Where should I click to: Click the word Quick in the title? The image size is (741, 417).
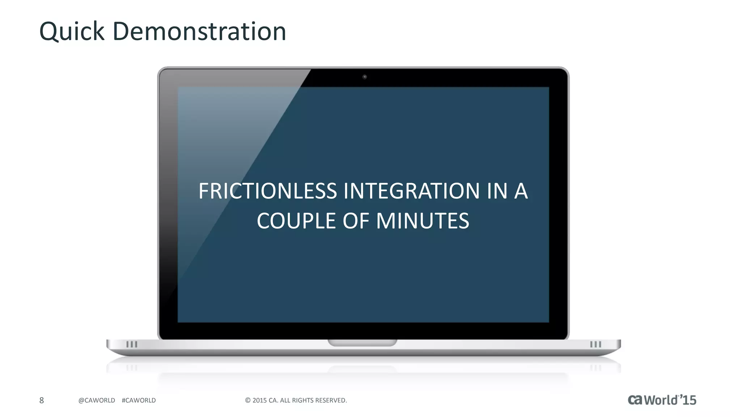(x=72, y=31)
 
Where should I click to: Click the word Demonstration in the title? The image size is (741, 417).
(x=199, y=31)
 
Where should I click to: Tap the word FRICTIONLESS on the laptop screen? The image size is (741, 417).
(x=268, y=191)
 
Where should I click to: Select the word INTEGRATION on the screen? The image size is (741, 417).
(x=411, y=191)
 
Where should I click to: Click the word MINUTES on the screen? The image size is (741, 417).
(x=423, y=221)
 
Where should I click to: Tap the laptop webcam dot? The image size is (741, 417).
(x=365, y=77)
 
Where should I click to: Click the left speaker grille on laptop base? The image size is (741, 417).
(x=132, y=344)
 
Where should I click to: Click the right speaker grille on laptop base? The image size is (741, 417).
(x=596, y=344)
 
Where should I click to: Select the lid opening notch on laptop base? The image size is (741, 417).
(x=363, y=342)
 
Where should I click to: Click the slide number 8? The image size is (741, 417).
(x=42, y=400)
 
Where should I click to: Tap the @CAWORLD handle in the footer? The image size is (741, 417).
(x=97, y=400)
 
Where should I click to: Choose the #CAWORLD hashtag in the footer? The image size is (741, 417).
(x=139, y=400)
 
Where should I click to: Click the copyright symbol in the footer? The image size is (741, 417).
(x=248, y=400)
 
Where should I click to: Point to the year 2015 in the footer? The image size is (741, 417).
(x=259, y=400)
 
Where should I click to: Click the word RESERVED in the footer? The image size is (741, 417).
(x=331, y=400)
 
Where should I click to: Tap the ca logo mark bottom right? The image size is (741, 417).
(x=635, y=400)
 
